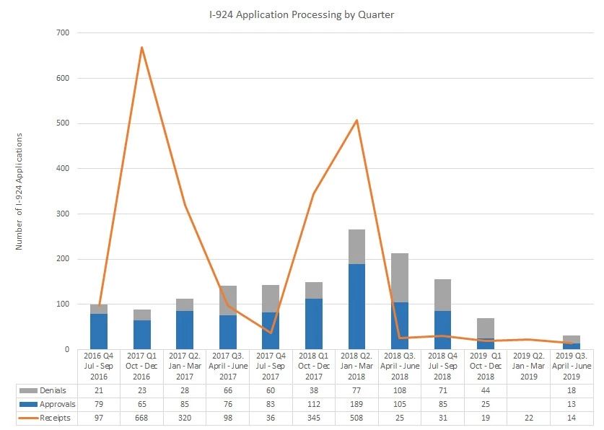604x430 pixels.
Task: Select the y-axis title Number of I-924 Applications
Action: [19, 191]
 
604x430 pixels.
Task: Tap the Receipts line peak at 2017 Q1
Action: [141, 48]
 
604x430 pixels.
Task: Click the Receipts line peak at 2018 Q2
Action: [356, 120]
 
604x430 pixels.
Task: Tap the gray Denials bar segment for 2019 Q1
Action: [486, 328]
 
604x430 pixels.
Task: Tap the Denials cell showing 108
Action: [400, 390]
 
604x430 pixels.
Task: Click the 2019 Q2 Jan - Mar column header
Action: [529, 366]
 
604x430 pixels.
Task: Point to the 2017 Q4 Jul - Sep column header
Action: [271, 366]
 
